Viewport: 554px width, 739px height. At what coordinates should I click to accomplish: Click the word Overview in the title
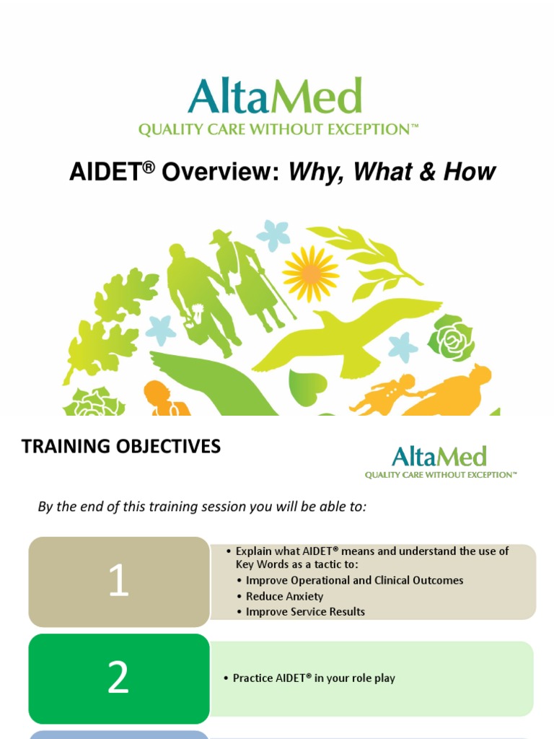coord(221,172)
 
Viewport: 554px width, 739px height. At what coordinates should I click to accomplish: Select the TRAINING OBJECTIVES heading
coord(121,447)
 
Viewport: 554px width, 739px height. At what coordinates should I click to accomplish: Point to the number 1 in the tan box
coord(118,582)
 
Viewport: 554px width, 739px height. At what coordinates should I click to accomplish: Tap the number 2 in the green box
coord(118,678)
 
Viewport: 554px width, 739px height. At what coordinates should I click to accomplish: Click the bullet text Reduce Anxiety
coord(284,596)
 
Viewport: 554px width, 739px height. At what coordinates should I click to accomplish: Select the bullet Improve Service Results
coord(305,611)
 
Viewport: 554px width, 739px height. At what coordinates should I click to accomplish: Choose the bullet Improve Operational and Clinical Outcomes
coord(354,580)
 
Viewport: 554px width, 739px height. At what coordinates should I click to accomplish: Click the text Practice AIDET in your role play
coord(314,678)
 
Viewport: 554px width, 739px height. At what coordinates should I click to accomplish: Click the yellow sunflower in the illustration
coord(310,274)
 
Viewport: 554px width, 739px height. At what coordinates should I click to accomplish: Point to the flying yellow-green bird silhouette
coord(346,336)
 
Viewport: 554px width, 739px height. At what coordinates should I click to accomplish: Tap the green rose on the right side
coord(451,338)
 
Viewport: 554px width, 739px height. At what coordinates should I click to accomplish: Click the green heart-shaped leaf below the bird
coord(307,387)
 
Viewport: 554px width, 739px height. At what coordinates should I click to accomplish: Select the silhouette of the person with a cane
coord(249,278)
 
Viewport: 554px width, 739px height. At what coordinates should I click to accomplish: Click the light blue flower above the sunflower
coord(273,234)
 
